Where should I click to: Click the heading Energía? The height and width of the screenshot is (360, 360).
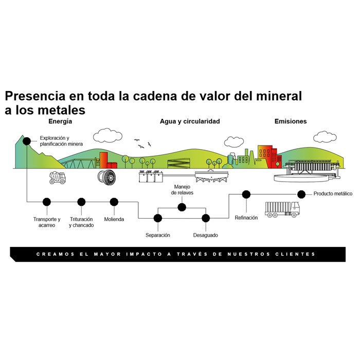(x=60, y=122)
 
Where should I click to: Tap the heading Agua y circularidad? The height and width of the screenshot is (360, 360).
(x=190, y=122)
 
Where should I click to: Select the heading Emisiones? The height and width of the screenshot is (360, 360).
(x=291, y=122)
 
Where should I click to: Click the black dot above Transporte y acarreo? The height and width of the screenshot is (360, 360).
(x=47, y=202)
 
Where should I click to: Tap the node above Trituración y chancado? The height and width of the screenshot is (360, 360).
(x=81, y=202)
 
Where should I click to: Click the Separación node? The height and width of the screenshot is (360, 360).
(x=157, y=218)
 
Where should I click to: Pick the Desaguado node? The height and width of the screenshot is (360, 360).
(x=206, y=218)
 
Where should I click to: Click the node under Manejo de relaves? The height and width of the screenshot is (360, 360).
(x=182, y=207)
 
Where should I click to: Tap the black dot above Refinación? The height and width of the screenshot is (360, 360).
(x=246, y=194)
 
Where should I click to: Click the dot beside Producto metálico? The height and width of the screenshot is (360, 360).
(x=302, y=194)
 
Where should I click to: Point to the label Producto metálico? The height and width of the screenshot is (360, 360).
(x=333, y=194)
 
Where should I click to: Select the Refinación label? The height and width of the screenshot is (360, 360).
(x=246, y=218)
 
